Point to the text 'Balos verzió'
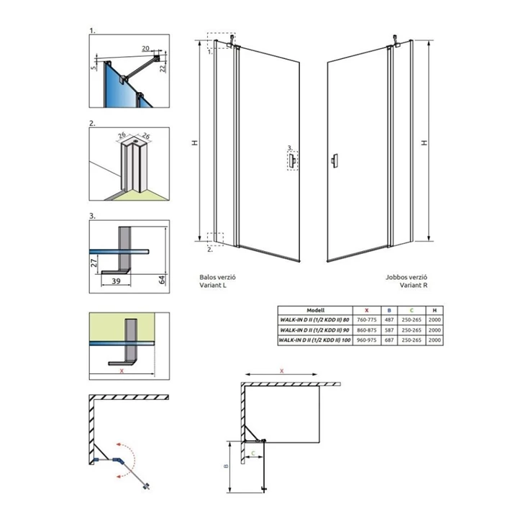point(217,276)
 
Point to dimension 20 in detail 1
point(145,47)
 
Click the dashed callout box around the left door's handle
point(292,160)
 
